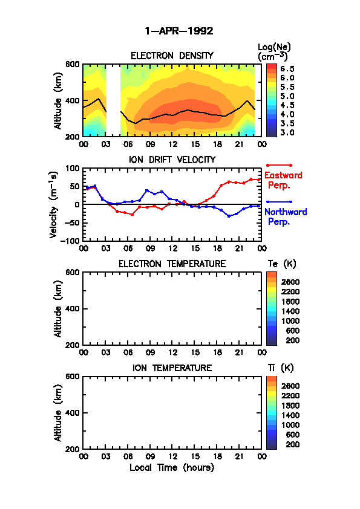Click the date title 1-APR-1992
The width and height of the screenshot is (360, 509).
click(179, 31)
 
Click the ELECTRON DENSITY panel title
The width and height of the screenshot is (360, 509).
click(172, 56)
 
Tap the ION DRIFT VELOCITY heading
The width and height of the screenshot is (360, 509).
click(172, 160)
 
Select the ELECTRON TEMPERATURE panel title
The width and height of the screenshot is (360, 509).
click(172, 264)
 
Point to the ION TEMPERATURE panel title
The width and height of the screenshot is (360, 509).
click(172, 368)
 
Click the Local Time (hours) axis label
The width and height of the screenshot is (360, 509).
click(172, 468)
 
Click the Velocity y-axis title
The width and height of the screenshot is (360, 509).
click(54, 205)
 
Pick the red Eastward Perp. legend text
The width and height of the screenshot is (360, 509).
click(283, 181)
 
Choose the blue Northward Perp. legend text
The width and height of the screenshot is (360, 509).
click(286, 217)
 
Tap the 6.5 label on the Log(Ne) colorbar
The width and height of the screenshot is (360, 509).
click(287, 69)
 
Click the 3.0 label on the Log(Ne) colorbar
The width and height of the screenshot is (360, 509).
click(287, 132)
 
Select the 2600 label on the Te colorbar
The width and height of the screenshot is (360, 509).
click(290, 282)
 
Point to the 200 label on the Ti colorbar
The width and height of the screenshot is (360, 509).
click(292, 444)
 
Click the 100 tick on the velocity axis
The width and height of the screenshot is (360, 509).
click(73, 168)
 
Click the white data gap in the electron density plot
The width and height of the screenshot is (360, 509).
click(113, 100)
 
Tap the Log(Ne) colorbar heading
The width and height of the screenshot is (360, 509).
click(274, 52)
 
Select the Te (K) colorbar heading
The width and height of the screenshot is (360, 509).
click(282, 264)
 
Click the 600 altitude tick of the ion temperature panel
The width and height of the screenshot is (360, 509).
click(73, 377)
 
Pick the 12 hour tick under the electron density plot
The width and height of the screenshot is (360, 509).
click(173, 144)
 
